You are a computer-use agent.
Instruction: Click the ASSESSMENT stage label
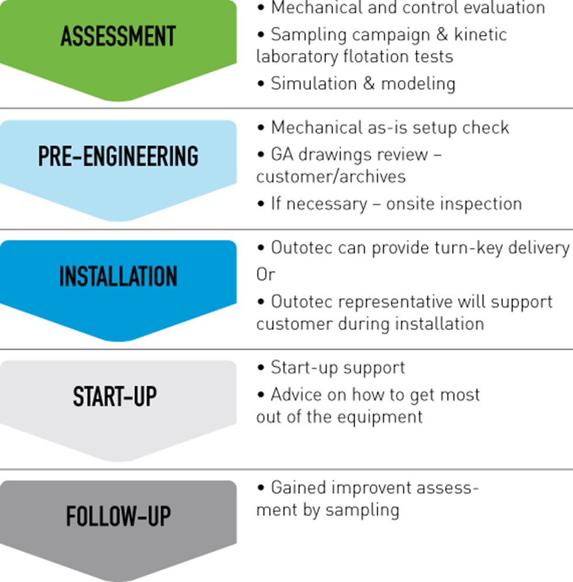click(x=118, y=36)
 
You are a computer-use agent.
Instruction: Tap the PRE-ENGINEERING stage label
click(x=118, y=157)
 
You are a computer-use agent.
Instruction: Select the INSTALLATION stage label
click(x=118, y=277)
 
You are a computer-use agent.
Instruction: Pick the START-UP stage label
click(x=115, y=397)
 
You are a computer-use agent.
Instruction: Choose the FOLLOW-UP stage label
click(x=118, y=517)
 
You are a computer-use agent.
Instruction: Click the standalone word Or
click(x=265, y=274)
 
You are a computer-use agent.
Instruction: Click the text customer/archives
click(x=330, y=177)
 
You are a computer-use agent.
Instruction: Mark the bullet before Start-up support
click(x=261, y=368)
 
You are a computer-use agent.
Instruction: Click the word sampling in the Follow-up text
click(x=363, y=509)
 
